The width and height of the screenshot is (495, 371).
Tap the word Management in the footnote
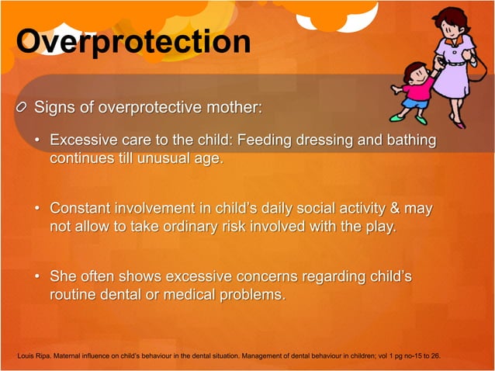276,356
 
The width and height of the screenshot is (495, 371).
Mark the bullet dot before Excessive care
38,141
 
